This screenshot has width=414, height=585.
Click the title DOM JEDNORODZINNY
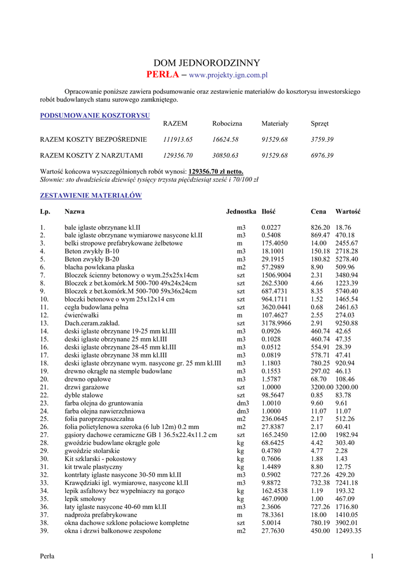(x=206, y=63)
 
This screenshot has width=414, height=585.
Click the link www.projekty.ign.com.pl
(x=228, y=75)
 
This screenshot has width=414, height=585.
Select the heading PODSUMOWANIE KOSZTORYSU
(x=95, y=115)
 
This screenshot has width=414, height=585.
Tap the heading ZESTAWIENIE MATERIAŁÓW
(x=91, y=195)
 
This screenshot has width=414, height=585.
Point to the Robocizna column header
(x=227, y=123)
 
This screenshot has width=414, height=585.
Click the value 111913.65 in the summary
(x=178, y=139)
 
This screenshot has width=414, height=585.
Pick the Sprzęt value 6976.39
(x=322, y=155)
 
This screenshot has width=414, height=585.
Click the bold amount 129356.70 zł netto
(x=216, y=171)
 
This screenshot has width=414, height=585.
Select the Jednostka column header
(x=241, y=212)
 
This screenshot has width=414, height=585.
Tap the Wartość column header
(x=348, y=212)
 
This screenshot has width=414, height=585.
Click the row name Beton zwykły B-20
(x=92, y=259)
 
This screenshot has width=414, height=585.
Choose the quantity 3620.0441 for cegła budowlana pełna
(x=276, y=307)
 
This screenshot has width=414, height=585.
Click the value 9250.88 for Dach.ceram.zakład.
(x=347, y=323)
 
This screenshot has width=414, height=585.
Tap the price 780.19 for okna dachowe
(x=320, y=523)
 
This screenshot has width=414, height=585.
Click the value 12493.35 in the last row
(x=348, y=531)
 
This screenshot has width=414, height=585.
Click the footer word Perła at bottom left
(x=47, y=557)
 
